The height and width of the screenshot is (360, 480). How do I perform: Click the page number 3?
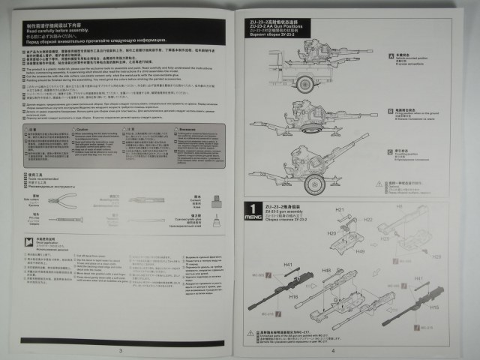tap(120, 349)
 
